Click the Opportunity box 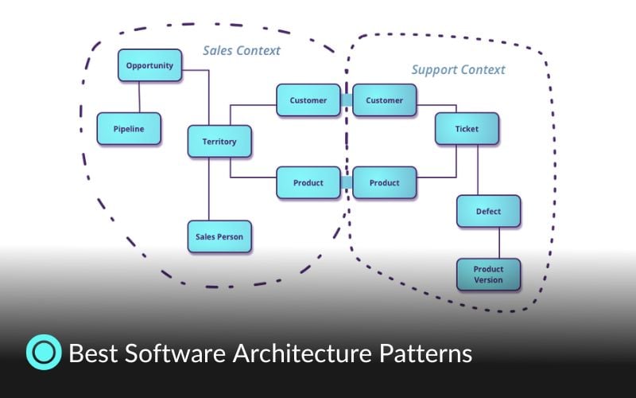tap(149, 66)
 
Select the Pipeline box tap(129, 129)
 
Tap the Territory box tap(219, 142)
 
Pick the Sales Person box tap(219, 236)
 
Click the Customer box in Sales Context tap(308, 100)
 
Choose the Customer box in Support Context tap(385, 100)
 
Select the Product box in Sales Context tap(308, 182)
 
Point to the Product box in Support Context tap(385, 182)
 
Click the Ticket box tap(467, 129)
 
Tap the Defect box tap(488, 212)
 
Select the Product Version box tap(488, 275)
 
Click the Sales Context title tap(241, 50)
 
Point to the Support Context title tap(458, 70)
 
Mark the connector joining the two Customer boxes tap(347, 100)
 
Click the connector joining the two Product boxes tap(347, 182)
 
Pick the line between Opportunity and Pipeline tap(139, 97)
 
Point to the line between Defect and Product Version tap(499, 243)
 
